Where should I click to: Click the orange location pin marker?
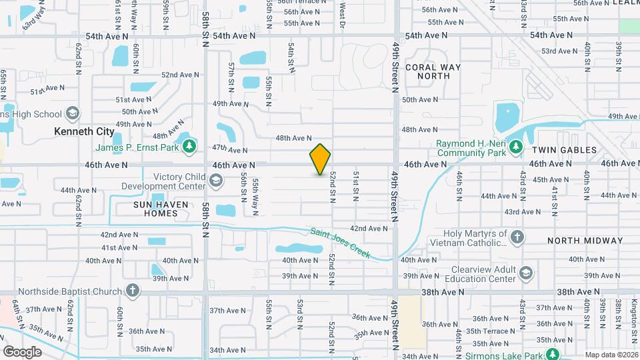coord(320,159)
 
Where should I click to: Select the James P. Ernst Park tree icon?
coord(189,146)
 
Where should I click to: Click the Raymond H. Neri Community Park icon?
coord(515,146)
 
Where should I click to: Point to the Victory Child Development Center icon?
coord(215,181)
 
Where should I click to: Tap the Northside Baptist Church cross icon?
coord(133,291)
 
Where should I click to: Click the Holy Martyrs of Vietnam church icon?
coord(517,237)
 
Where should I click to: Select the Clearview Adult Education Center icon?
coord(527,273)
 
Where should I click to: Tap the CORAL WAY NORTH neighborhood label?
coord(428,71)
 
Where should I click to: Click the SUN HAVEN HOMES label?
coord(146,208)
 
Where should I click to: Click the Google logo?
coord(23,351)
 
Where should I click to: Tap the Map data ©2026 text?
coord(611,355)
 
